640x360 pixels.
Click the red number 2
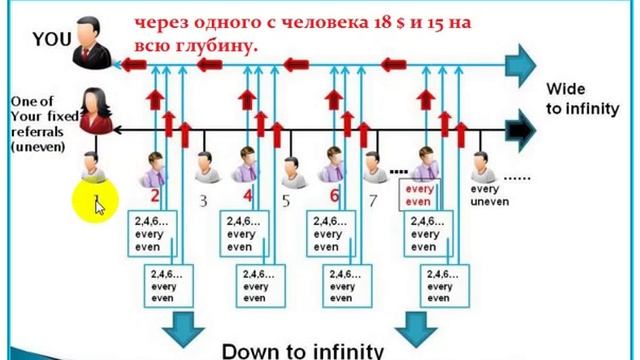[x=156, y=195]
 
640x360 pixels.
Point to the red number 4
[x=248, y=195]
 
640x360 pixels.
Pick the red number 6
[x=335, y=195]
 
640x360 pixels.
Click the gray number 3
[x=202, y=200]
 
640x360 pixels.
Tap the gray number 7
[x=373, y=200]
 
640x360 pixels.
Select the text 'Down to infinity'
[x=302, y=350]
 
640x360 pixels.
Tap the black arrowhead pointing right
[x=521, y=129]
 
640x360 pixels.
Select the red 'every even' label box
[x=418, y=194]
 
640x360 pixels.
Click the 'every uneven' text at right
[x=490, y=195]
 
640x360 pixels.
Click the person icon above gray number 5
[x=290, y=171]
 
